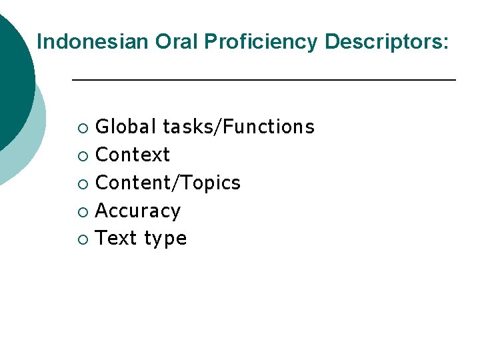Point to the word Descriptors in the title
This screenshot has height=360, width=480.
(x=382, y=42)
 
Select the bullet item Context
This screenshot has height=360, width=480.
(x=133, y=155)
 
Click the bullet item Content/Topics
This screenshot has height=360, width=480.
(x=168, y=183)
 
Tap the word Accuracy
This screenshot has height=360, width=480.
(x=138, y=211)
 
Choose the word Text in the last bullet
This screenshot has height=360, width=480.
(x=116, y=239)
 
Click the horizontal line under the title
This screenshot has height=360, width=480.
(x=263, y=80)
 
